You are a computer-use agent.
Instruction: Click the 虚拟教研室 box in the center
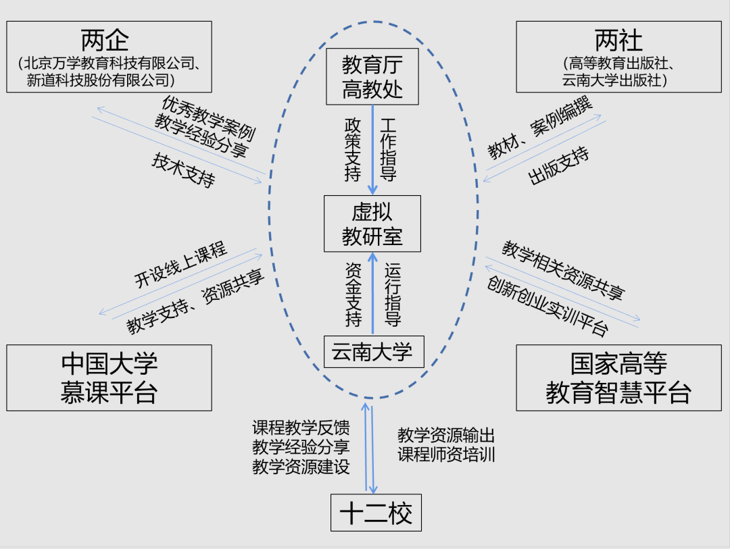tap(372, 224)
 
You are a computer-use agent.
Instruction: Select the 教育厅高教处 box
tap(372, 77)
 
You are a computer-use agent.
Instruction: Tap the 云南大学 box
tap(373, 352)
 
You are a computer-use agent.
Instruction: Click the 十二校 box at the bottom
tap(376, 514)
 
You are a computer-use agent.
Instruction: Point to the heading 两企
tap(108, 41)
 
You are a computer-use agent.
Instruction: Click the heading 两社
tap(618, 41)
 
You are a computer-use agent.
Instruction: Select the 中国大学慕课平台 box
tap(109, 377)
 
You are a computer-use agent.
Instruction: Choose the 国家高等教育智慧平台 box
tap(618, 377)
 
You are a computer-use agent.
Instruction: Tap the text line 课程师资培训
tap(446, 454)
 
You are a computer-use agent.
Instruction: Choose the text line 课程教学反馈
tap(301, 428)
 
